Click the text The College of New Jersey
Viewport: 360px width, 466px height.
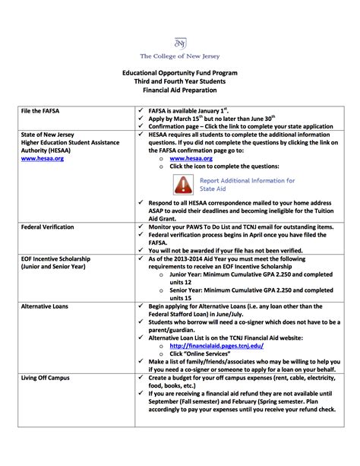click(180, 56)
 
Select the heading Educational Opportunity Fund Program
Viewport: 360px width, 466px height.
click(180, 73)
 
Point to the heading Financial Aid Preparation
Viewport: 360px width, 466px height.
click(180, 90)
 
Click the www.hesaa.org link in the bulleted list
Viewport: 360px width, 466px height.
click(191, 158)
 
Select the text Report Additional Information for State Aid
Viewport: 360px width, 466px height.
click(247, 184)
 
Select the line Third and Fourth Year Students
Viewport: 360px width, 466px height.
click(180, 81)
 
